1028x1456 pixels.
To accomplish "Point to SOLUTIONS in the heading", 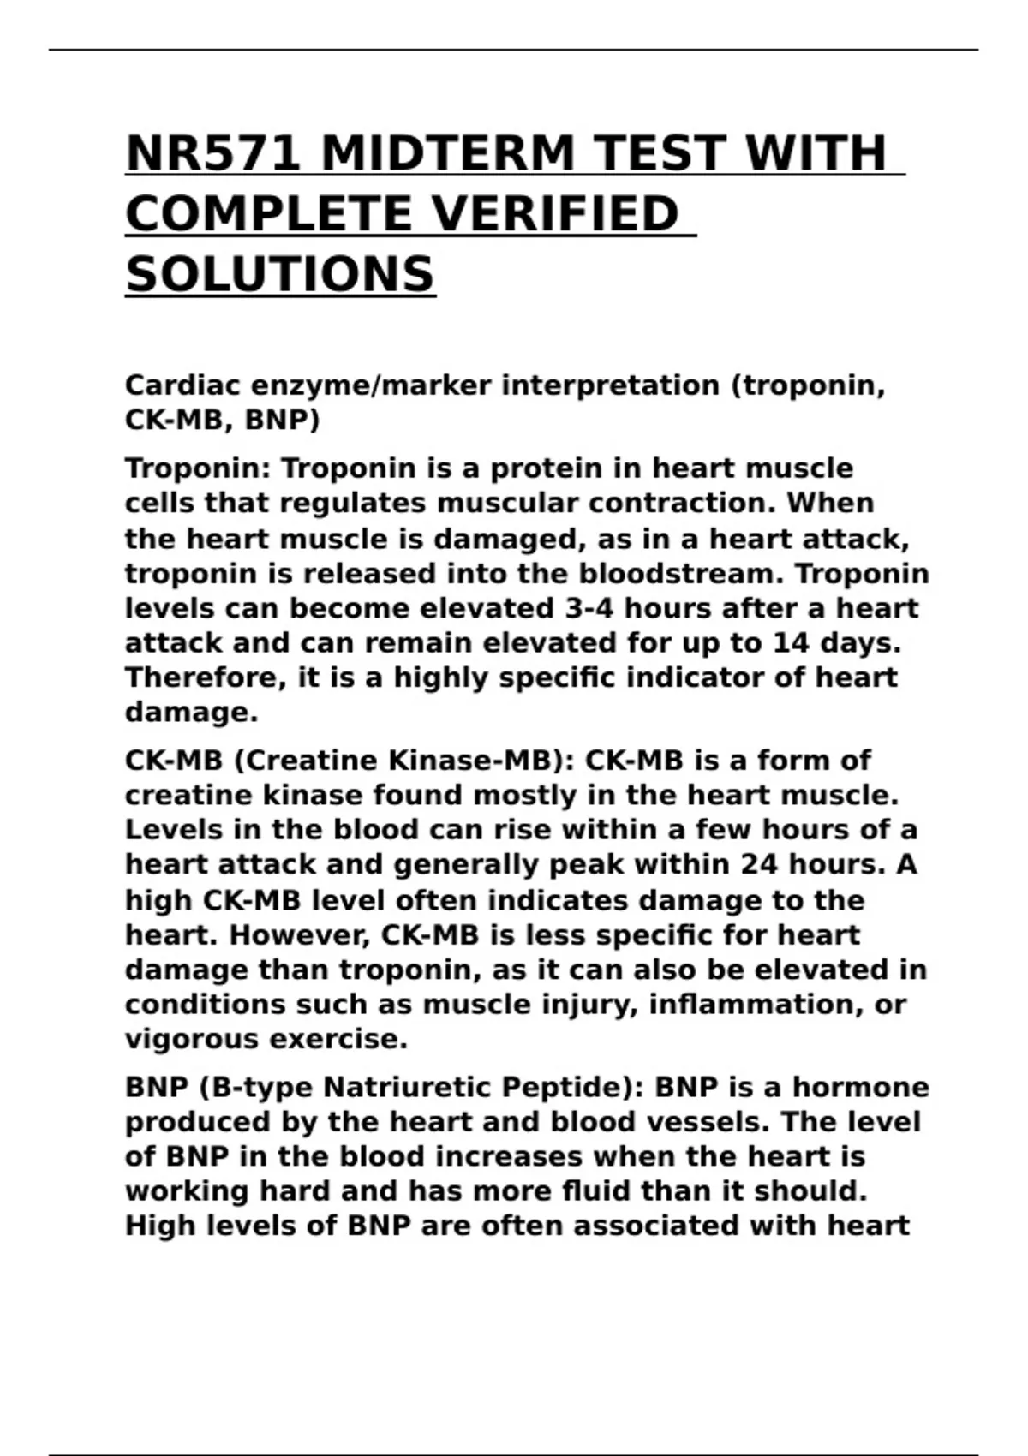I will tap(280, 275).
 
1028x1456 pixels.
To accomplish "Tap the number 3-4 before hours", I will tap(586, 608).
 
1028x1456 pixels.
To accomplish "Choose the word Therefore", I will tap(206, 677).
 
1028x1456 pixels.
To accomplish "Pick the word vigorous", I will tap(192, 1039).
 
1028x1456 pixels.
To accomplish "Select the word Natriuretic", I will tap(406, 1088).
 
